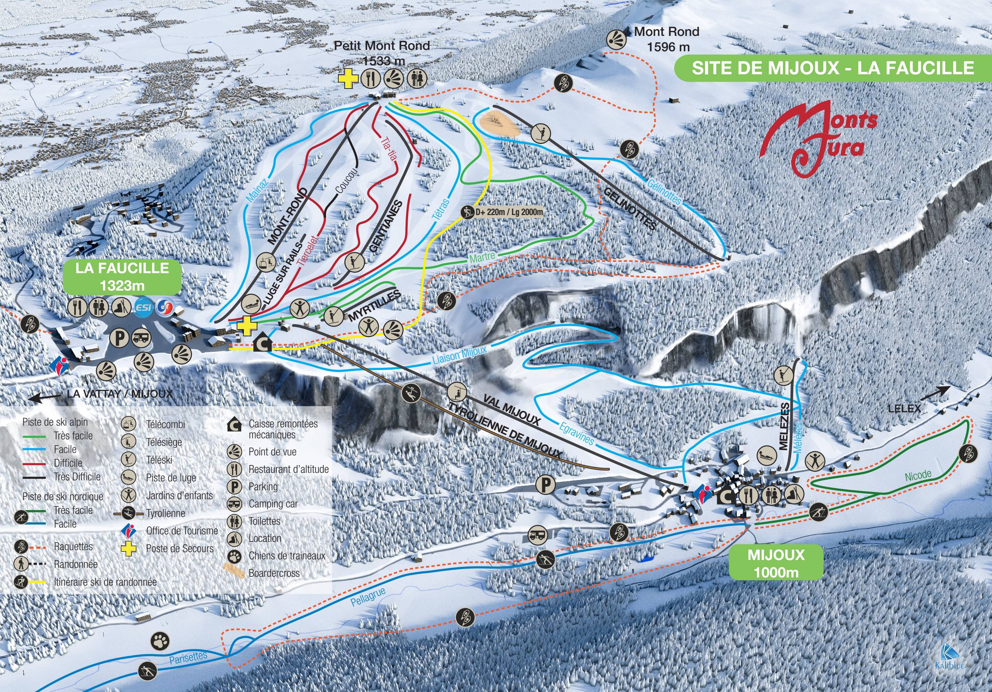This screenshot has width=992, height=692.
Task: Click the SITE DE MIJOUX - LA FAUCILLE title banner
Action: (x=833, y=68)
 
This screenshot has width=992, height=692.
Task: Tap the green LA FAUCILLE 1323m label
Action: (x=122, y=277)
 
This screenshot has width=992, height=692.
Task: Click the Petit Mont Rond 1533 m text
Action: (x=382, y=52)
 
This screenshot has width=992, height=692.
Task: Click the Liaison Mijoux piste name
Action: (x=460, y=356)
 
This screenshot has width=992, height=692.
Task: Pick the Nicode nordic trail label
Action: (x=918, y=476)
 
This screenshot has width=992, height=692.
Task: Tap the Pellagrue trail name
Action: (x=368, y=597)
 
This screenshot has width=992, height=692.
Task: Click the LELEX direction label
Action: (x=904, y=408)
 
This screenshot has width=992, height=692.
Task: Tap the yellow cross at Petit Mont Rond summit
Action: (x=348, y=79)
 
